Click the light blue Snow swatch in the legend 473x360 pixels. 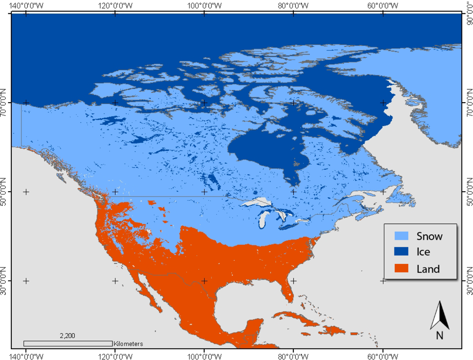point(401,236)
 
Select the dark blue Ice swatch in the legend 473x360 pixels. point(401,252)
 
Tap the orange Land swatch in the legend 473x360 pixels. point(401,269)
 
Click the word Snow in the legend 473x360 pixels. point(429,236)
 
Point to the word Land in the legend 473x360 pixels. point(428,269)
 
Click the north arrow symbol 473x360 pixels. point(439,315)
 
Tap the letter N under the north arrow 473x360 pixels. point(439,335)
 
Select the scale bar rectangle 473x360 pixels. point(68,343)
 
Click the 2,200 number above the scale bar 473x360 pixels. point(67,336)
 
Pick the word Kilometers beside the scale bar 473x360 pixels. point(128,344)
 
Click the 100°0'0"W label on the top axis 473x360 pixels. point(204,5)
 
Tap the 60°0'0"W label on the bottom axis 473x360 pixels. point(383,355)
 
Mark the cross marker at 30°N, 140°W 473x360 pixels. point(26,281)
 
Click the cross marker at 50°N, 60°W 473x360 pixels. point(383,192)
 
